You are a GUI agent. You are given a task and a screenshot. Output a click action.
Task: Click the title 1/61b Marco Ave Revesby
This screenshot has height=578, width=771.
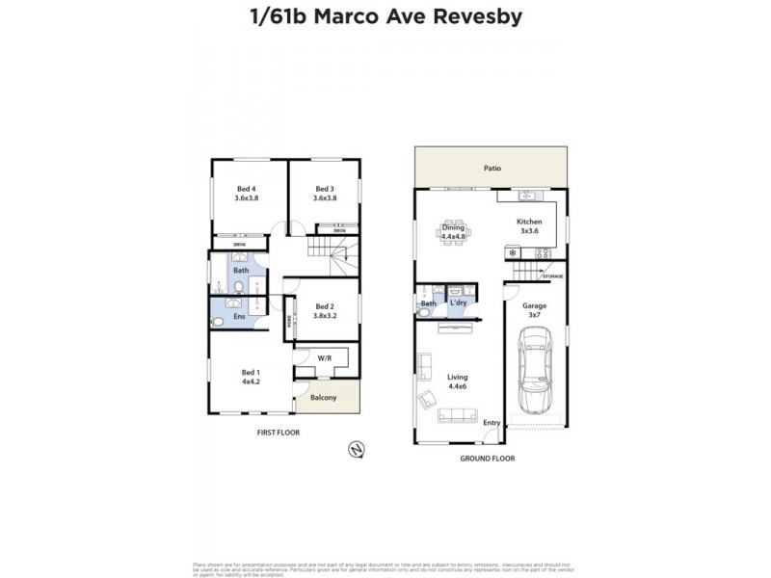pyautogui.click(x=385, y=18)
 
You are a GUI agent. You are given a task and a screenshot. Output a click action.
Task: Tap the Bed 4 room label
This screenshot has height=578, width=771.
pyautogui.click(x=247, y=193)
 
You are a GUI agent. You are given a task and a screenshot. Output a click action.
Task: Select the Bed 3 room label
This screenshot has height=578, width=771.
pyautogui.click(x=325, y=193)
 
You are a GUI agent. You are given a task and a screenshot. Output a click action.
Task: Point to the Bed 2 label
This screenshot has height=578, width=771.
pyautogui.click(x=325, y=310)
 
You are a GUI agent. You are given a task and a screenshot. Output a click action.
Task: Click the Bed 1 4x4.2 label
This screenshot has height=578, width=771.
pyautogui.click(x=251, y=376)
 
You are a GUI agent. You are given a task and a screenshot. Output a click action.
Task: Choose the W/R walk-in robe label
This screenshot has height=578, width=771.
pyautogui.click(x=325, y=358)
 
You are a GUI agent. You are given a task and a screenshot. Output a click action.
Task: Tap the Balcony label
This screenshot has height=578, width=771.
pyautogui.click(x=324, y=395)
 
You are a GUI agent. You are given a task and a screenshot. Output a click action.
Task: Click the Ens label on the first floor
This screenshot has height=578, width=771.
pyautogui.click(x=239, y=316)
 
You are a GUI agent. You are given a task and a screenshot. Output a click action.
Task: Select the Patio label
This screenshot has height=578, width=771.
pyautogui.click(x=492, y=168)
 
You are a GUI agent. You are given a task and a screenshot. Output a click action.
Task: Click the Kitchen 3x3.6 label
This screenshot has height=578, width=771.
pyautogui.click(x=528, y=226)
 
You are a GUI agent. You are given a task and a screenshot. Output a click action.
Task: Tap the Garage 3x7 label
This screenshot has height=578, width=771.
pyautogui.click(x=534, y=310)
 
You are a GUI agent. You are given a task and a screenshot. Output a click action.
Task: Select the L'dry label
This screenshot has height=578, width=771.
pyautogui.click(x=459, y=303)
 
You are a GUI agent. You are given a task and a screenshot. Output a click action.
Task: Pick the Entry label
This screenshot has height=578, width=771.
pyautogui.click(x=492, y=423)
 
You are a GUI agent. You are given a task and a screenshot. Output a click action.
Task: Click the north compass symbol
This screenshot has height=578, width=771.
pyautogui.click(x=357, y=448)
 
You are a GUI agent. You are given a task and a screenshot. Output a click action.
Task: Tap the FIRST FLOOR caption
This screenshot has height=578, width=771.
pyautogui.click(x=278, y=433)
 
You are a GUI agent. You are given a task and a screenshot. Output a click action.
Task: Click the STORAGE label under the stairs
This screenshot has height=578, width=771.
pyautogui.click(x=552, y=276)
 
